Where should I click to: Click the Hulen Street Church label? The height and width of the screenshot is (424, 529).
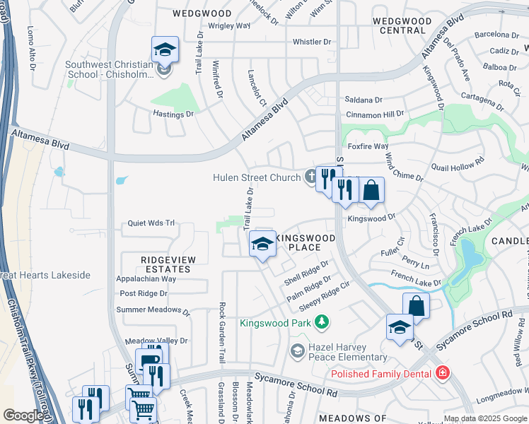point(257,177)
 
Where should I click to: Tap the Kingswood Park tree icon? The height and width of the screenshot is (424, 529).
point(322,322)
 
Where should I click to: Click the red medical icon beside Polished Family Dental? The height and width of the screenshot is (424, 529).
point(443,372)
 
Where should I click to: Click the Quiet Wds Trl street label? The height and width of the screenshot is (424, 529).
point(150,223)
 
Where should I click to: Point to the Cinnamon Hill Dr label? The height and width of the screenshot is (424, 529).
point(375,114)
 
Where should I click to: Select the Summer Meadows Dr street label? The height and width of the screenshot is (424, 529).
point(153,310)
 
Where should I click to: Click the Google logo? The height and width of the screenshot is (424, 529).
point(23,416)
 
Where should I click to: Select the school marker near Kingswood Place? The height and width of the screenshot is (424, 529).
point(262,245)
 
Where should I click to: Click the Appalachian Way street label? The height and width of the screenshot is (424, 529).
point(146,279)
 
